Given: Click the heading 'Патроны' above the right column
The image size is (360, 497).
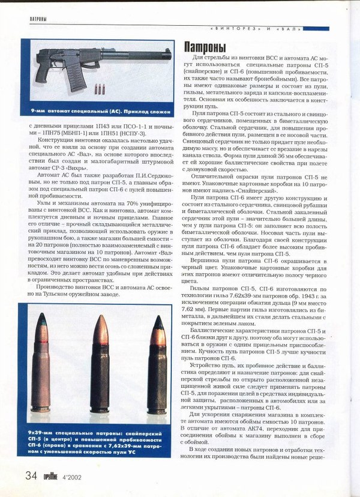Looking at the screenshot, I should click(205, 47).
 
